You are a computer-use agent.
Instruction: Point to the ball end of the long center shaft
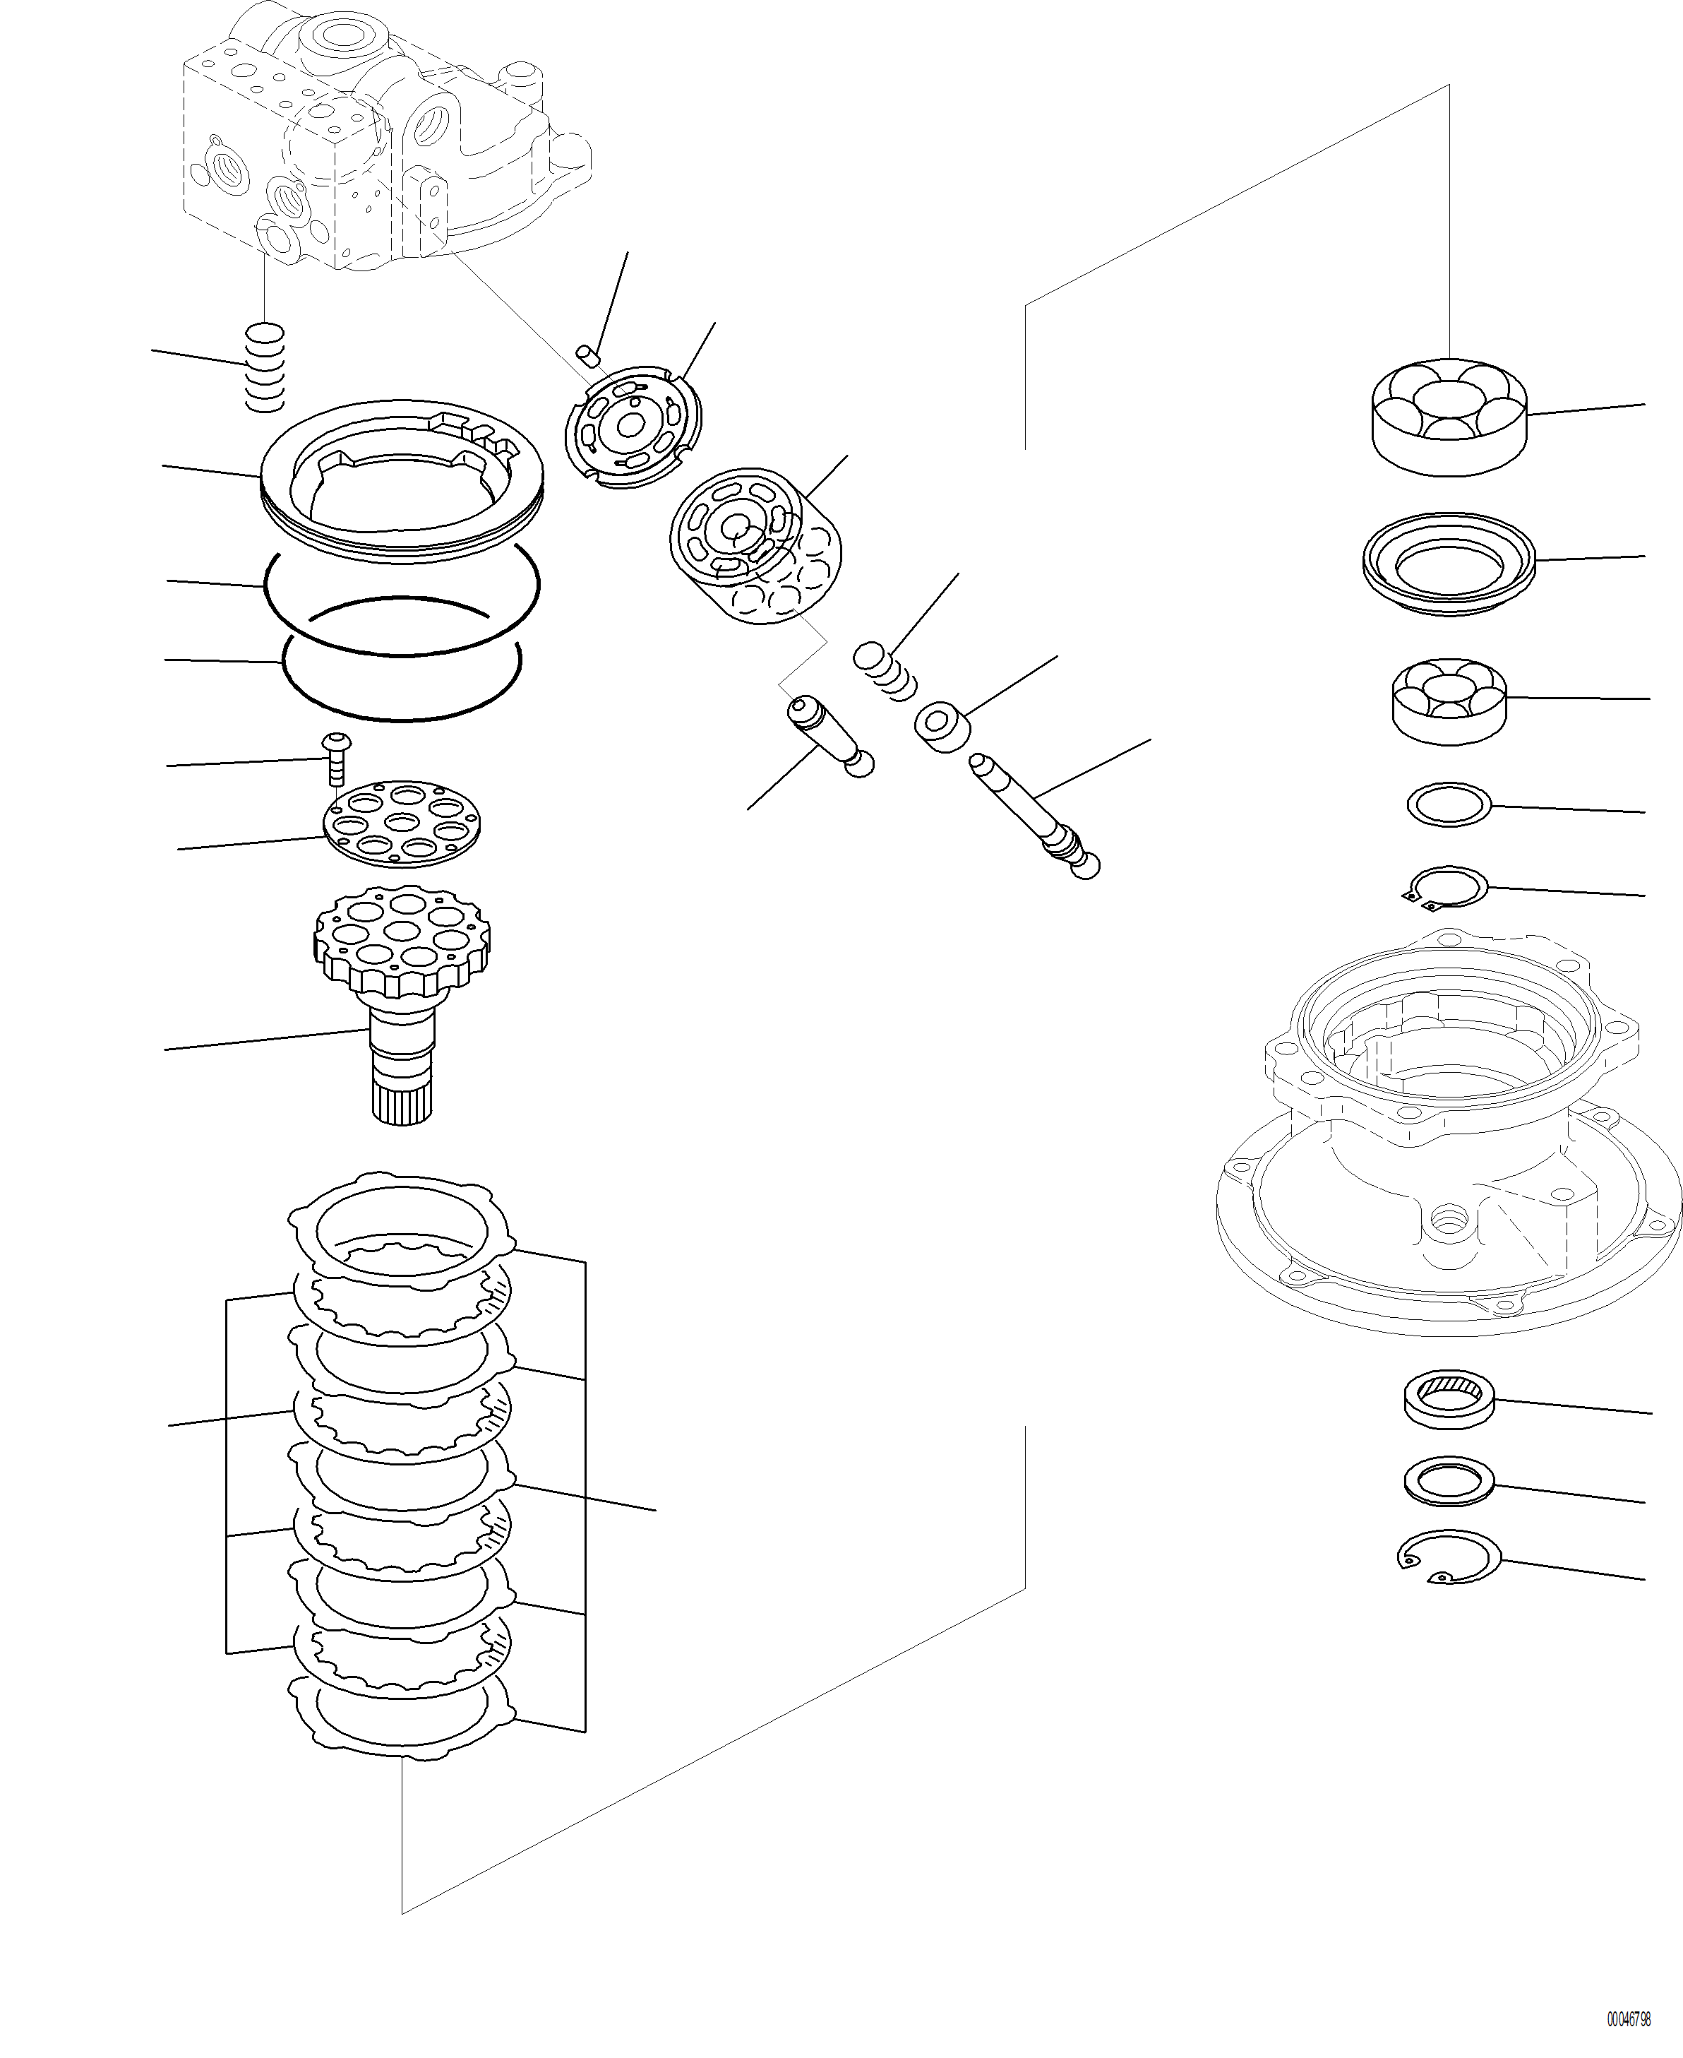(x=1086, y=866)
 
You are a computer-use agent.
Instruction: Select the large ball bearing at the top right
(x=1449, y=417)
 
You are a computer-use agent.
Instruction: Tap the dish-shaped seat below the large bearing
(x=1449, y=562)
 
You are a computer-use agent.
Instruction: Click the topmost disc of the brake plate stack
(x=402, y=1229)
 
